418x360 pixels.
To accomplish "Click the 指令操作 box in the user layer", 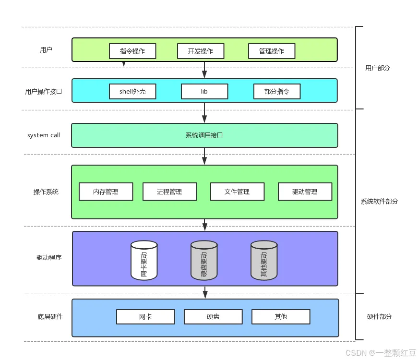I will pyautogui.click(x=132, y=51).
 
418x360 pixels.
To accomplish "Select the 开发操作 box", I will pyautogui.click(x=201, y=51).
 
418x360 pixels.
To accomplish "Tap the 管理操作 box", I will pyautogui.click(x=272, y=51).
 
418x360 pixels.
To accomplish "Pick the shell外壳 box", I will pyautogui.click(x=132, y=91).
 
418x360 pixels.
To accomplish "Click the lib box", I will pyautogui.click(x=204, y=91).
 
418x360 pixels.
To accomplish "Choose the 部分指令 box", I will pyautogui.click(x=277, y=91).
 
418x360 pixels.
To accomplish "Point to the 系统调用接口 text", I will pyautogui.click(x=204, y=135).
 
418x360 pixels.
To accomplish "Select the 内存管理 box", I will pyautogui.click(x=106, y=192).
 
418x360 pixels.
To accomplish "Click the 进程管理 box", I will pyautogui.click(x=169, y=192).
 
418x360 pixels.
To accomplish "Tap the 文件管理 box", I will pyautogui.click(x=237, y=192).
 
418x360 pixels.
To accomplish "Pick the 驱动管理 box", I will pyautogui.click(x=305, y=192).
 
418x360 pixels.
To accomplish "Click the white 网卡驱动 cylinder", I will pyautogui.click(x=144, y=261).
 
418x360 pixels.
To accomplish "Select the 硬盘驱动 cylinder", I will pyautogui.click(x=204, y=261).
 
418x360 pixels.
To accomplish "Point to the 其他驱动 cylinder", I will pyautogui.click(x=264, y=261).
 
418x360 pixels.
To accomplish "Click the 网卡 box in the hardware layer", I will pyautogui.click(x=145, y=317).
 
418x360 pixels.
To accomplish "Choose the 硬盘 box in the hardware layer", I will pyautogui.click(x=213, y=317).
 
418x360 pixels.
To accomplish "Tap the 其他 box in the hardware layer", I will pyautogui.click(x=281, y=317).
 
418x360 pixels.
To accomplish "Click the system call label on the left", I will pyautogui.click(x=44, y=135).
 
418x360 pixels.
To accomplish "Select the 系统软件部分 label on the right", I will pyautogui.click(x=379, y=202).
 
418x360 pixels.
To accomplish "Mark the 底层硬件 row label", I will pyautogui.click(x=50, y=317).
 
